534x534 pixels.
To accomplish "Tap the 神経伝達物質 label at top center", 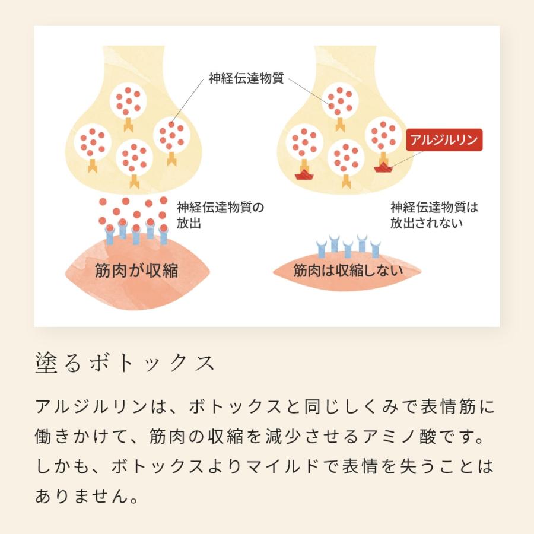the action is click(x=246, y=78).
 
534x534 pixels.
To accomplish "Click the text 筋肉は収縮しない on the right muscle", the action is click(x=348, y=271).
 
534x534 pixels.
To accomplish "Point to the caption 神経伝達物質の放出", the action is click(x=220, y=215).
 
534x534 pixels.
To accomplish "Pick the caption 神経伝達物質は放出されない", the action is click(x=434, y=215).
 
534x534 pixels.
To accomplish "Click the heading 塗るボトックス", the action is click(x=125, y=364).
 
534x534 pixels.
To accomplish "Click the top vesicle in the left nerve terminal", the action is click(x=128, y=100).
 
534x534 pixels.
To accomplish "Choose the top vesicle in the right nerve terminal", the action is click(x=339, y=100).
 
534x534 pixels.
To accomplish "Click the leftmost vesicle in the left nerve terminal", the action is click(x=93, y=142).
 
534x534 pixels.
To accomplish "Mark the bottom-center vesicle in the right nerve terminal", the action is click(x=346, y=156).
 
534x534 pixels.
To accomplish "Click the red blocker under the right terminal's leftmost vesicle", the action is click(x=304, y=174).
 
